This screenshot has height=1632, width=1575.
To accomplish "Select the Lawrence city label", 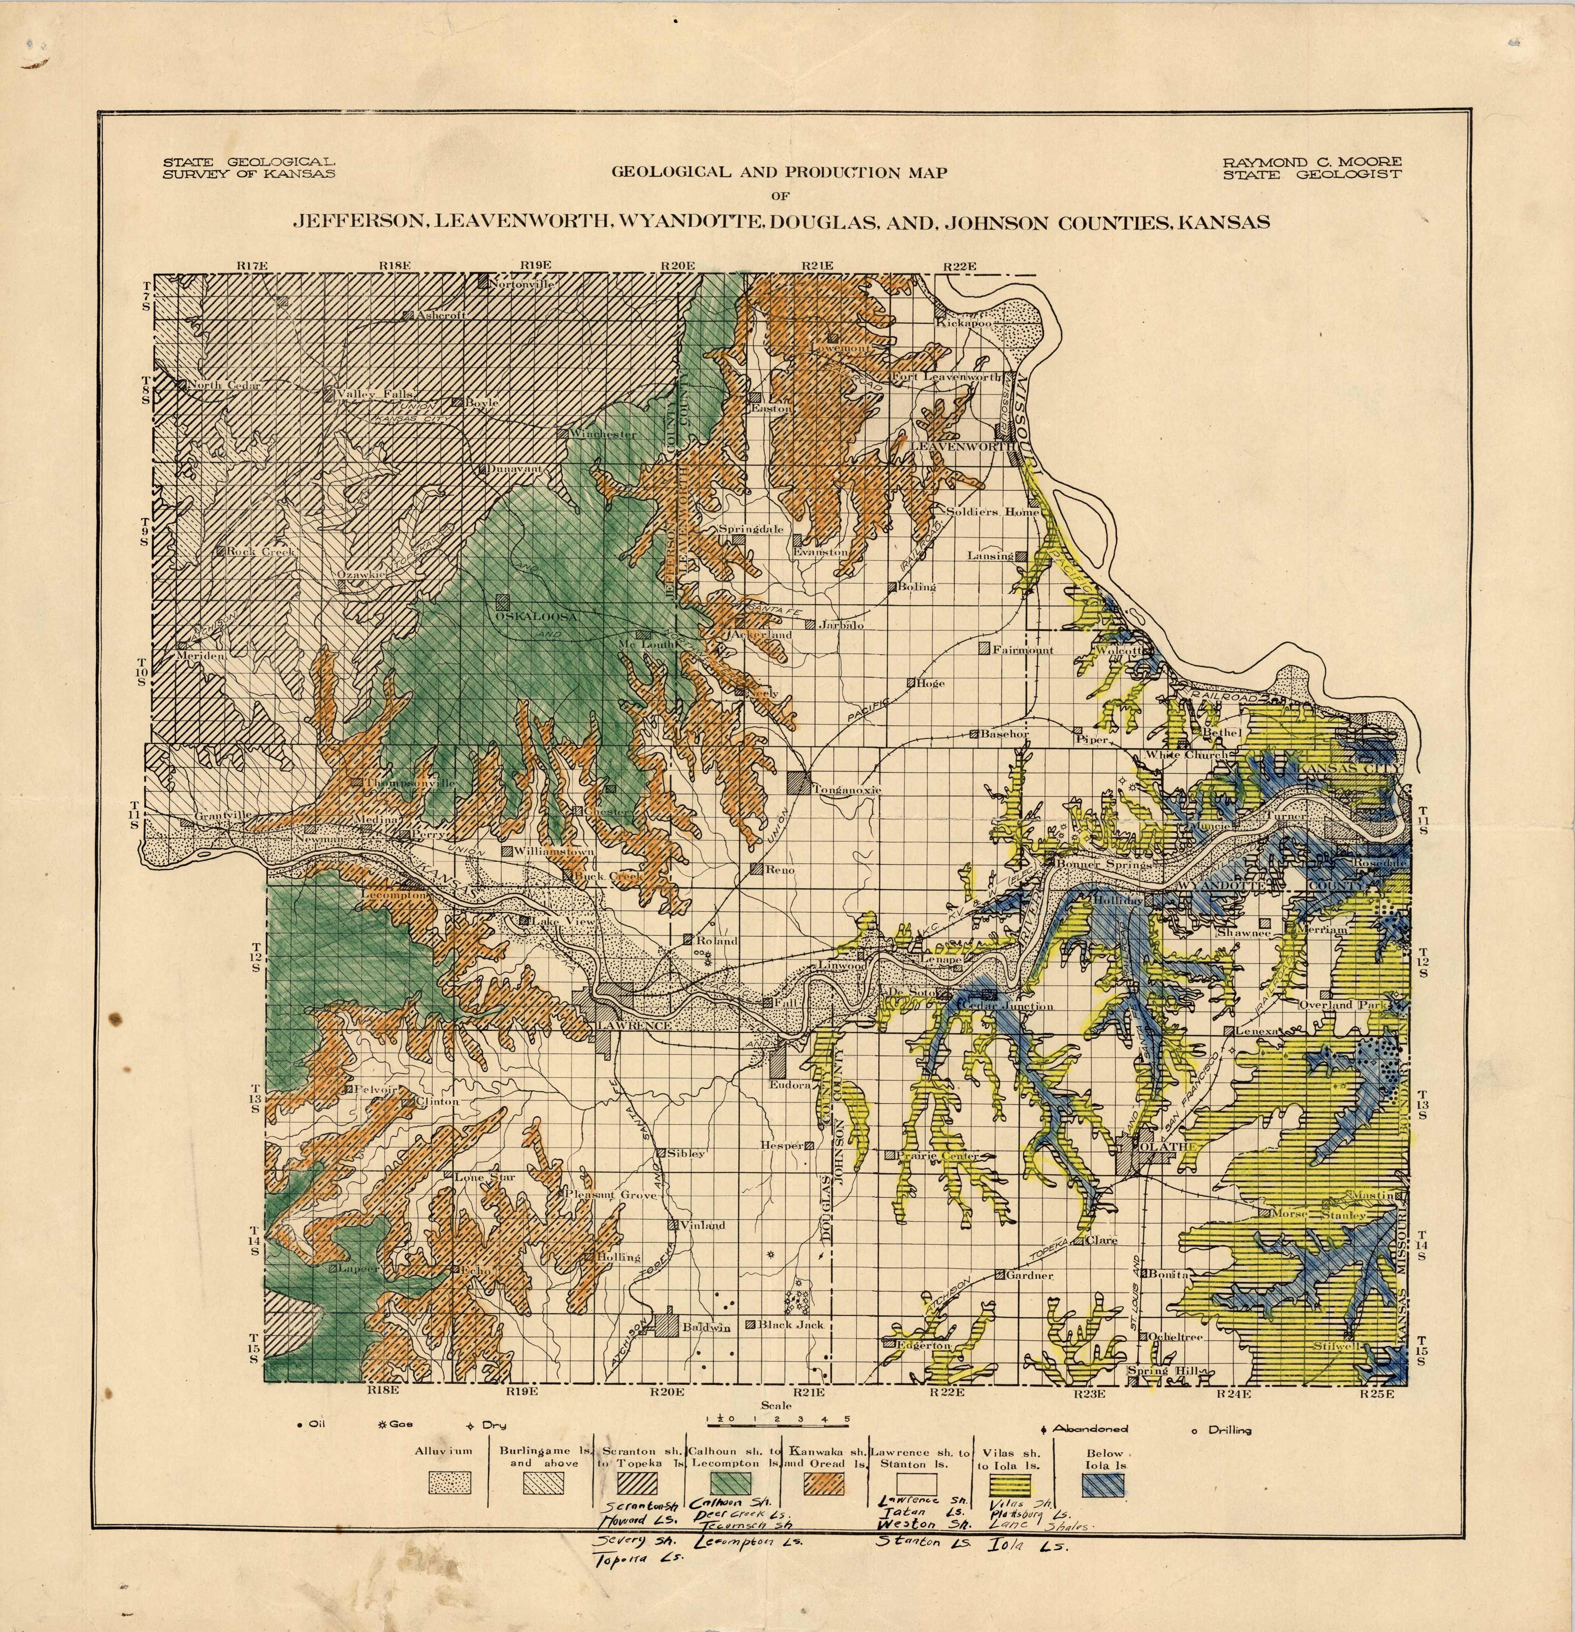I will (x=633, y=1026).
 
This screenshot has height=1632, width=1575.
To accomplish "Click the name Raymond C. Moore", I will (x=1312, y=161).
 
